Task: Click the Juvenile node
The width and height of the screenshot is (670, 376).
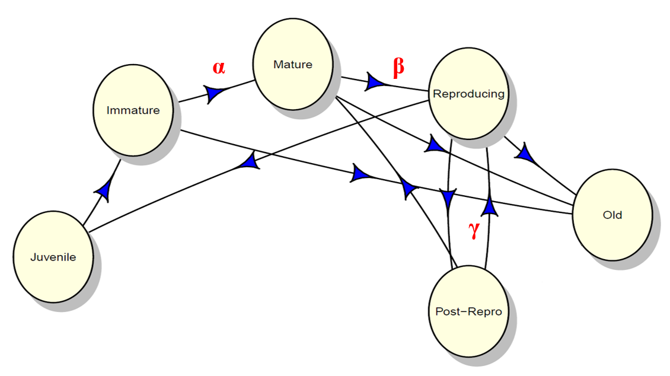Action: point(53,257)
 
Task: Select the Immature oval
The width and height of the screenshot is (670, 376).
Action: point(133,110)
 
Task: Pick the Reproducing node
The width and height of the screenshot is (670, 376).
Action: point(468,94)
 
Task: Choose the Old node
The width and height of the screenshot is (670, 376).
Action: point(612,215)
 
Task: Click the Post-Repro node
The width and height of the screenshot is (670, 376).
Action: point(468,311)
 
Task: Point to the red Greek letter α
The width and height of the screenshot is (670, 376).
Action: point(219,66)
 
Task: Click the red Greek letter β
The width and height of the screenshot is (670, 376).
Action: point(398,67)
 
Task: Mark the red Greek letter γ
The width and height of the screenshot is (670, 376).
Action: point(474,230)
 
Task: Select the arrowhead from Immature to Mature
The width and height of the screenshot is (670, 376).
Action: point(216,94)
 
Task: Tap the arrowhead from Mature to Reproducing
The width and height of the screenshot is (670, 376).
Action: point(375,81)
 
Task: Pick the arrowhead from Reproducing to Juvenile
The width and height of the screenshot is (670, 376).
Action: point(249,160)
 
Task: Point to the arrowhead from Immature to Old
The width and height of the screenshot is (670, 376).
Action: point(361,174)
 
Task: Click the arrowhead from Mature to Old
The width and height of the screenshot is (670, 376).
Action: point(435,145)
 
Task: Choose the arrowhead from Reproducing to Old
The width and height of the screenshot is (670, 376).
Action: point(525,155)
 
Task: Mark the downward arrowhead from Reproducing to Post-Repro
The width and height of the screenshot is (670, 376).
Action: point(448,197)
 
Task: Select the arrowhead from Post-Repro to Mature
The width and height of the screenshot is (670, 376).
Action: point(409,189)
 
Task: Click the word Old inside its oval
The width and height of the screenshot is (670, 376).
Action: point(612,215)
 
